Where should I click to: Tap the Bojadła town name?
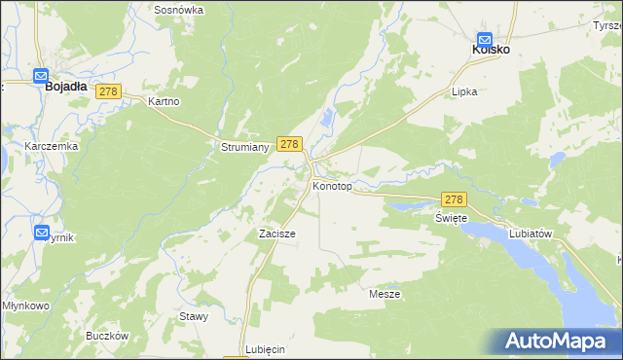66,87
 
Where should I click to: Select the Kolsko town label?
492,49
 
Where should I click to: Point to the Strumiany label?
238,148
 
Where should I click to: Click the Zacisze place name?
276,234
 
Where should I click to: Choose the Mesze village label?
385,293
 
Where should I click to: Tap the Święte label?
451,218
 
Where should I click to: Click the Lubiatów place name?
531,234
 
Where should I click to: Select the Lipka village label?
464,91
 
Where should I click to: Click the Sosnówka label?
179,9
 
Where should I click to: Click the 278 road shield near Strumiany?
288,143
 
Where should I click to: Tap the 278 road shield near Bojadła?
108,91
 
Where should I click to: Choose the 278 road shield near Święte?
456,198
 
